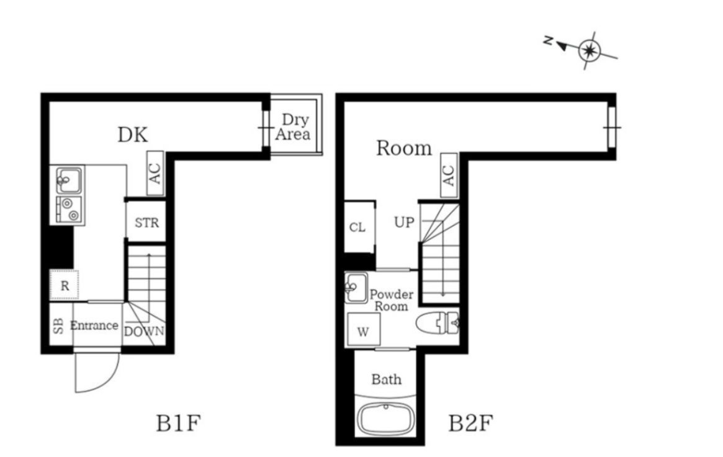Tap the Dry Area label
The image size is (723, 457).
[x=293, y=126]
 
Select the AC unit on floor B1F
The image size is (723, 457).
[x=155, y=173]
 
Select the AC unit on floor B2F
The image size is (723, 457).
[x=448, y=173]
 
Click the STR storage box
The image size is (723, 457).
[x=146, y=222]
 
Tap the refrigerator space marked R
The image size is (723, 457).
[x=65, y=286]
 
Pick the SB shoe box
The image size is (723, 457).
[x=58, y=326]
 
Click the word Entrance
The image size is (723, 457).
[x=94, y=326]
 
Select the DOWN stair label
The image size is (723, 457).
[x=144, y=331]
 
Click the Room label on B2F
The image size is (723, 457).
[x=404, y=148]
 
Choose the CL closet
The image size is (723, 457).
[x=357, y=227]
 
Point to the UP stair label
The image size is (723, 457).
[x=404, y=222]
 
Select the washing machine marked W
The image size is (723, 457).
[x=363, y=331]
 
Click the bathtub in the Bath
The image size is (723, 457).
[x=385, y=419]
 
